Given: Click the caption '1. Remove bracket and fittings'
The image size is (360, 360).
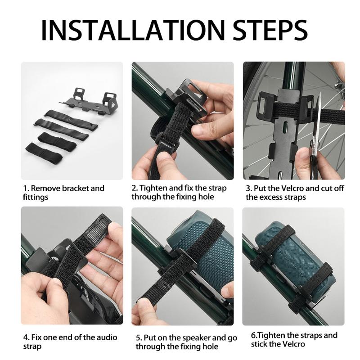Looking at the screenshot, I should point(63,193).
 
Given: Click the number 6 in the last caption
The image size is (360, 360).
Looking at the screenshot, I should point(253,335).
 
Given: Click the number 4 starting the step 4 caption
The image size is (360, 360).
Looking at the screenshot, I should point(25,337).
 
